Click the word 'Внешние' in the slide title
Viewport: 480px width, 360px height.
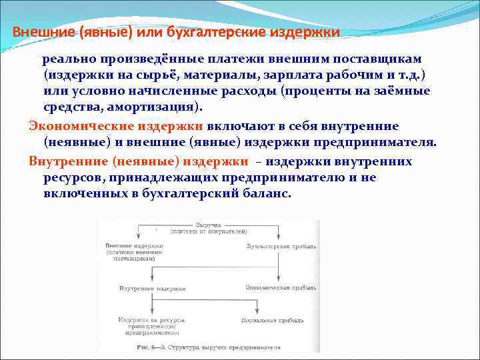click(39, 32)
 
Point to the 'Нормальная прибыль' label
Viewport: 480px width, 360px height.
click(276, 321)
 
